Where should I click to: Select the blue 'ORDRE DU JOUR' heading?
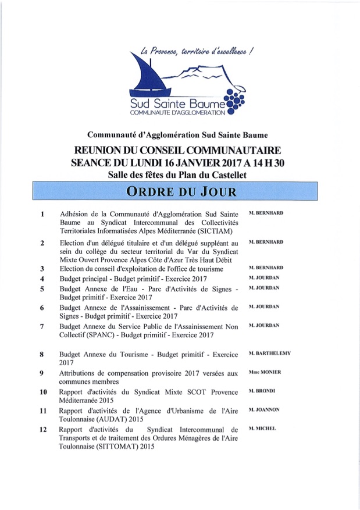(180, 191)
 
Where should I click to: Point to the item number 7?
(42, 326)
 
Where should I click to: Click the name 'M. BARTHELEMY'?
(269, 353)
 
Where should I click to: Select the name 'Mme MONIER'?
(265, 372)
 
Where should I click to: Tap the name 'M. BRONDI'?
(262, 391)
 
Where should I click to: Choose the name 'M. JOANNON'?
(264, 409)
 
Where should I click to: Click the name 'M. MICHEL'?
(262, 428)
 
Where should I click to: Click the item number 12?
(42, 429)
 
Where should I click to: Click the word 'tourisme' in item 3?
(208, 269)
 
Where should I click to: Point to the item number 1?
(42, 214)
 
